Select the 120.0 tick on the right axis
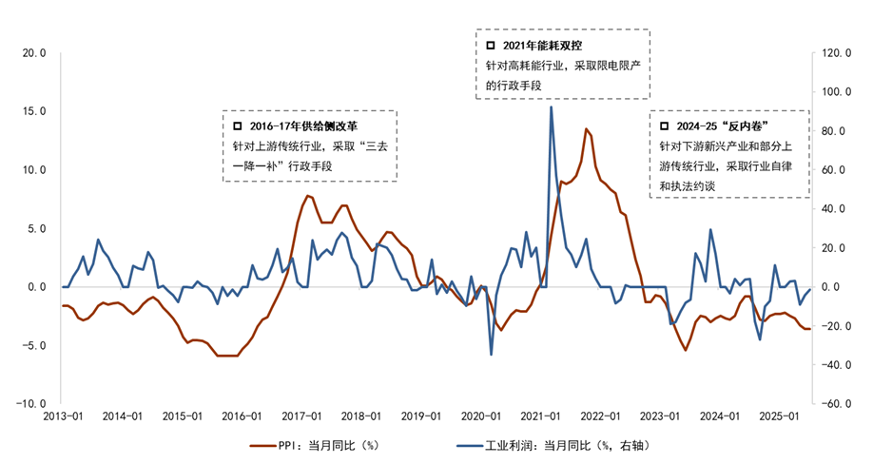(x=837, y=53)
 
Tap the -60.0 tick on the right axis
(x=837, y=403)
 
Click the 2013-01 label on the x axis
(x=62, y=416)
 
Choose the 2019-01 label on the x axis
(x=420, y=416)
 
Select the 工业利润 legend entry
(x=556, y=444)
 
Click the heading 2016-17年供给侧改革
(x=304, y=126)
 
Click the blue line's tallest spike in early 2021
(x=552, y=106)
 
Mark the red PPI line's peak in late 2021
(x=587, y=129)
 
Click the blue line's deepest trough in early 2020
(x=492, y=355)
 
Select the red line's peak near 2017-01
(x=307, y=196)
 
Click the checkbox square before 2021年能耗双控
(x=492, y=46)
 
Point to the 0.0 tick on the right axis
(x=831, y=286)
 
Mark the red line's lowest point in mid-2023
(x=685, y=350)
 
